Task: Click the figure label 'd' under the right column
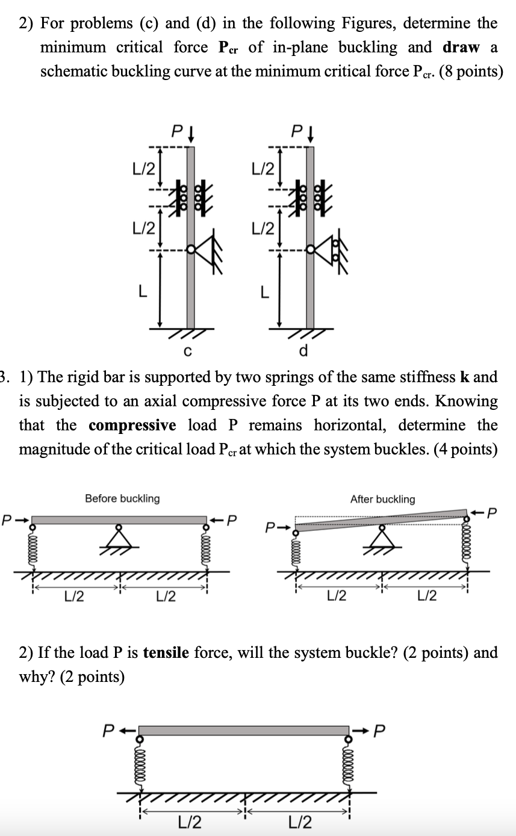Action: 303,350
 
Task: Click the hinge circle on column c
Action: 191,249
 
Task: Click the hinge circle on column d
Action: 310,249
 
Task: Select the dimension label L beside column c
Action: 142,291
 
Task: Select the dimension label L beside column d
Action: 263,291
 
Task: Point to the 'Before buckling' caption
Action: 122,498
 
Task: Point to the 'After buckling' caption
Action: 382,499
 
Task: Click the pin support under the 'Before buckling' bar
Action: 119,537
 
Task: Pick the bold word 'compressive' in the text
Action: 132,426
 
